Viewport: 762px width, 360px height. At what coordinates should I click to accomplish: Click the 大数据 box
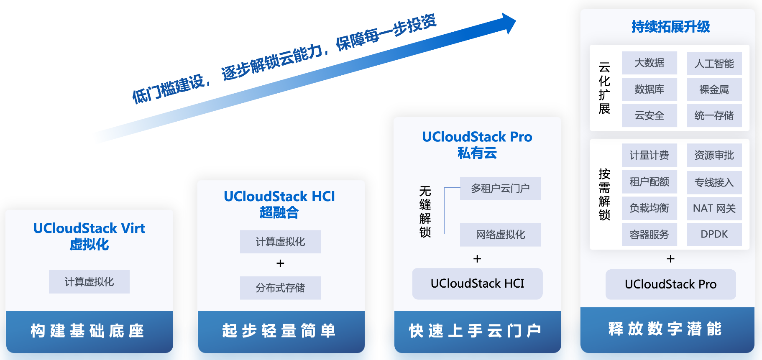pos(649,63)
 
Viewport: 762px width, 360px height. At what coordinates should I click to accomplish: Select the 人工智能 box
pos(714,64)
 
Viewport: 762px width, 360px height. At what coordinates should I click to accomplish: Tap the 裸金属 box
pos(714,89)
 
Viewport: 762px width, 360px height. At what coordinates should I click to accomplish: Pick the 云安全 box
pos(649,115)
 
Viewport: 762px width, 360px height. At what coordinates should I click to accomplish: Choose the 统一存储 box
pos(714,115)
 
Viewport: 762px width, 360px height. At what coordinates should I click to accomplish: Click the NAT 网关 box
pos(714,208)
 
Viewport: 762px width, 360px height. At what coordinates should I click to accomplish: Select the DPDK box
pos(714,234)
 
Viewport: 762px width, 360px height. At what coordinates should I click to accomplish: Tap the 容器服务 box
pos(649,235)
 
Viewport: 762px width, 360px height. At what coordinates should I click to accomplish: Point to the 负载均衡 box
pos(649,208)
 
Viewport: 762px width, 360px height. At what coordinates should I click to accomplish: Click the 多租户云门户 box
pos(500,189)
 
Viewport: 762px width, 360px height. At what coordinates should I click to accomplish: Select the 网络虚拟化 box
pos(500,235)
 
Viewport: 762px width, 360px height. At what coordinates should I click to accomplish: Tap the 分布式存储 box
pos(280,288)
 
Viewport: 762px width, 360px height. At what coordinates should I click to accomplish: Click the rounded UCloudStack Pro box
pos(670,284)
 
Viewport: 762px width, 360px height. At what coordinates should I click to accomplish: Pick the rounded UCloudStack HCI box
pos(477,283)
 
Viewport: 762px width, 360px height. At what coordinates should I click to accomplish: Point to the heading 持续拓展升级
pos(670,27)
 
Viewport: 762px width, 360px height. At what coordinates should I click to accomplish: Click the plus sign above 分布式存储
pos(280,263)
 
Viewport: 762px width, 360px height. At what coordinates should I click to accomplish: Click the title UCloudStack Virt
pos(89,228)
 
